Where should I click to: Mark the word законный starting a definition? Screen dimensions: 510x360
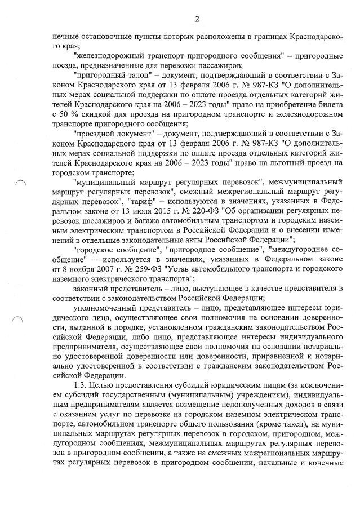tap(93, 289)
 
